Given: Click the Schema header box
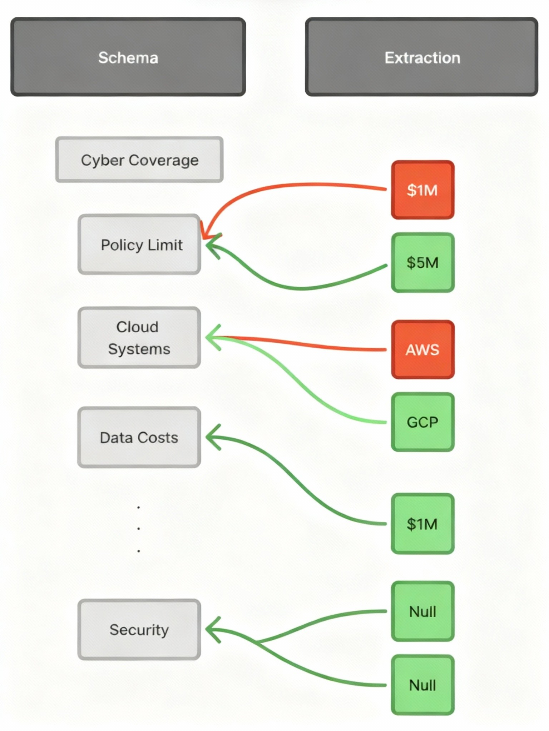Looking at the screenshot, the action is (x=128, y=57).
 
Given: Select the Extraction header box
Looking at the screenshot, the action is (x=421, y=57).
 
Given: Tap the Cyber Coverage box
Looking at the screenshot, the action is (x=139, y=160).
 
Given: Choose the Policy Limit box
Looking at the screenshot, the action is (x=139, y=244).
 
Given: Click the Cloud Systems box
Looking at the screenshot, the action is (x=139, y=337).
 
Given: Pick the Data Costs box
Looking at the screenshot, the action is (x=139, y=437).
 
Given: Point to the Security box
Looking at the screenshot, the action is (x=139, y=629).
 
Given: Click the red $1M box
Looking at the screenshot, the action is (x=422, y=190).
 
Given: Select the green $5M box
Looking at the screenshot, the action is (x=422, y=262).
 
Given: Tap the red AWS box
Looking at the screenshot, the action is (x=422, y=349).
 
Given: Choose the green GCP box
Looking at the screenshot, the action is (x=422, y=422).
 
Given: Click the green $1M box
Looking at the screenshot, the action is (x=422, y=524).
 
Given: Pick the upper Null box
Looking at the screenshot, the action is (x=422, y=611).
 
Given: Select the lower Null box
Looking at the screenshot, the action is (x=422, y=685).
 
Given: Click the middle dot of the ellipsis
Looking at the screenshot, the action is (x=138, y=528).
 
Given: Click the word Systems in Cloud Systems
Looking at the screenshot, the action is (x=139, y=349).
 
